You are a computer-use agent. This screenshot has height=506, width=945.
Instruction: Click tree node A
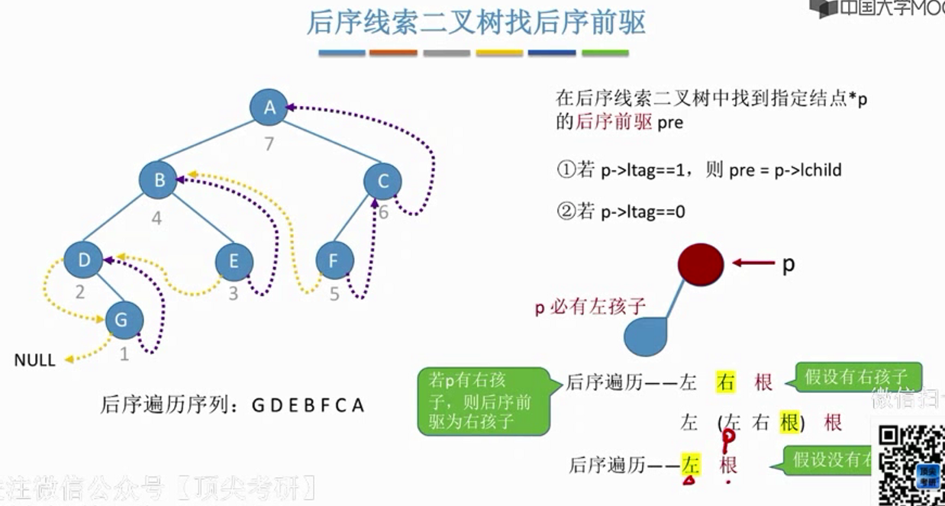tap(269, 108)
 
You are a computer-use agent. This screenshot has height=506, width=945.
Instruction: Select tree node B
tap(158, 180)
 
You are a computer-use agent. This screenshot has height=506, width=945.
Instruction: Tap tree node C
tap(383, 181)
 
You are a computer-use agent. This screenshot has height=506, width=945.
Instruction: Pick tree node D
tap(83, 260)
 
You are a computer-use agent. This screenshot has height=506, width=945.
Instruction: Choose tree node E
tap(234, 262)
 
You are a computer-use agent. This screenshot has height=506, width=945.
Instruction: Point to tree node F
tap(334, 262)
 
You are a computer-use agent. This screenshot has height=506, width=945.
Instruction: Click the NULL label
tap(35, 360)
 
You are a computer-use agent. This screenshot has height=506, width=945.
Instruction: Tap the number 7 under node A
tap(269, 143)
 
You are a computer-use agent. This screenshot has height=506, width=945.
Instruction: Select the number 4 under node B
tap(156, 218)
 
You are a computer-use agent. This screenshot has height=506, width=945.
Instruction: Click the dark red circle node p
tap(701, 263)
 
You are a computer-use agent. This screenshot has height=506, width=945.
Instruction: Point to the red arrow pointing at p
tap(753, 263)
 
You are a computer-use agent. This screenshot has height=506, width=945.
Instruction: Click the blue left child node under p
tap(646, 337)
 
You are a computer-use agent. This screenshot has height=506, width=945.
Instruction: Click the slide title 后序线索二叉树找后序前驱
tap(476, 23)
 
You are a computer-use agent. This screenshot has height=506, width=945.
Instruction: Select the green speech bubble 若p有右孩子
tap(484, 401)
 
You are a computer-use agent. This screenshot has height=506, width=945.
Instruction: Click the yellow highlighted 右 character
tap(725, 382)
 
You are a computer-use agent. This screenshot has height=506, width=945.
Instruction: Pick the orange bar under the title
tap(393, 53)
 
